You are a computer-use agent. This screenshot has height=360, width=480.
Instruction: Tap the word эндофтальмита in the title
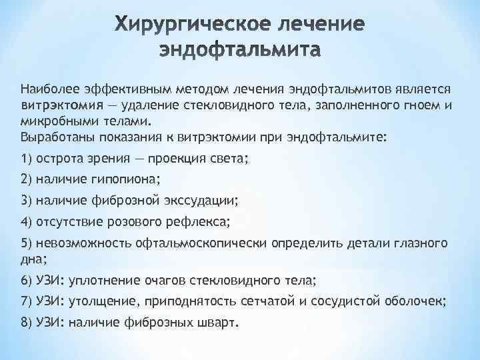point(240,50)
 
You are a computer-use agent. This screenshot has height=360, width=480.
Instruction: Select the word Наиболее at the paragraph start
point(44,89)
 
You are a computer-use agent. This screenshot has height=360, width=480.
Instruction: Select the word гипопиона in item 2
point(131,179)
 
